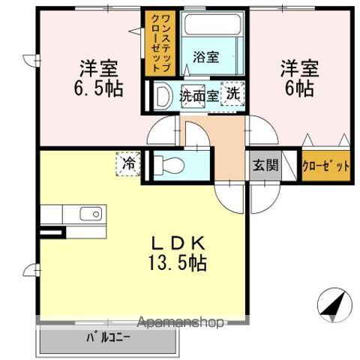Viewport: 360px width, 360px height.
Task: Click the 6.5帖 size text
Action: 98,87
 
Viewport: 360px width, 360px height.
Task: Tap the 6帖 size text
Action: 300,87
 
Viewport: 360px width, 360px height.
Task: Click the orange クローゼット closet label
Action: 325,165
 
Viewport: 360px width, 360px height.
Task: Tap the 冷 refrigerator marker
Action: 128,162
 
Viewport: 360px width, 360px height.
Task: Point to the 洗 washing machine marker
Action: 235,94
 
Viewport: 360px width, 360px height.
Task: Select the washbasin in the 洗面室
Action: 163,96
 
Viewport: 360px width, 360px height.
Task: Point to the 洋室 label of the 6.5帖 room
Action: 98,67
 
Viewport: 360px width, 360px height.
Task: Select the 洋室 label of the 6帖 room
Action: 300,67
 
